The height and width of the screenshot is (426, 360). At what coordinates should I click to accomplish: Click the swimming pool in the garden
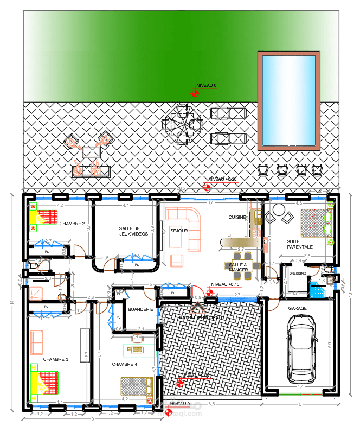coord(288,100)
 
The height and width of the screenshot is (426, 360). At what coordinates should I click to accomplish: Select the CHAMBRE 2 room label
coord(72,224)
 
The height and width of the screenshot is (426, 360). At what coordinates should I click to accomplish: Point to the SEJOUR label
coord(179,231)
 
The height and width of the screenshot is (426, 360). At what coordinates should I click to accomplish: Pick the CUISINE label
coord(237,217)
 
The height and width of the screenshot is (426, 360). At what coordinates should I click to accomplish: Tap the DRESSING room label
coord(298,274)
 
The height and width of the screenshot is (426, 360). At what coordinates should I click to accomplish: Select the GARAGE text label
coord(297,308)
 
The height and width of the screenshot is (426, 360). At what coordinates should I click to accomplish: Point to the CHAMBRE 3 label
coord(56,359)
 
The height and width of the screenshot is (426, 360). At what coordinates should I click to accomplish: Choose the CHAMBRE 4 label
coord(125,364)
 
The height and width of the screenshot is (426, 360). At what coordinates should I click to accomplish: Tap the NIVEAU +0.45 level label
coord(225,284)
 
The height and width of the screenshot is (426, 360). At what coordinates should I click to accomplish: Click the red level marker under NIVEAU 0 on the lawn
coord(195,94)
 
